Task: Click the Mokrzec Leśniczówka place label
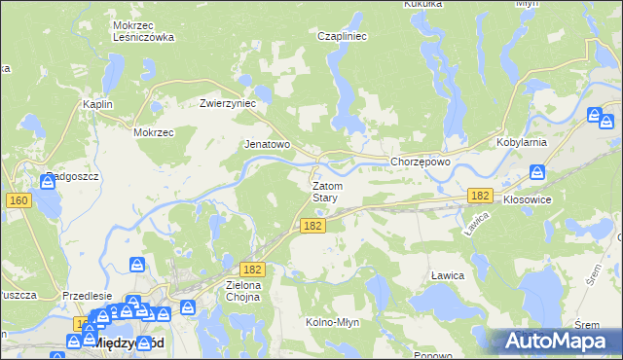pos(143,31)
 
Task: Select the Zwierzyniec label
pos(227,102)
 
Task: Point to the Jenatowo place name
pos(267,144)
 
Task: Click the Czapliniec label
pos(341,36)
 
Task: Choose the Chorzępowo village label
pos(420,162)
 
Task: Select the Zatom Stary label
pos(325,191)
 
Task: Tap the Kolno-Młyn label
pos(335,322)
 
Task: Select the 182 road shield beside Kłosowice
pos(479,196)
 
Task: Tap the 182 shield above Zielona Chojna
pos(252,269)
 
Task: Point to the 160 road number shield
pos(18,200)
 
